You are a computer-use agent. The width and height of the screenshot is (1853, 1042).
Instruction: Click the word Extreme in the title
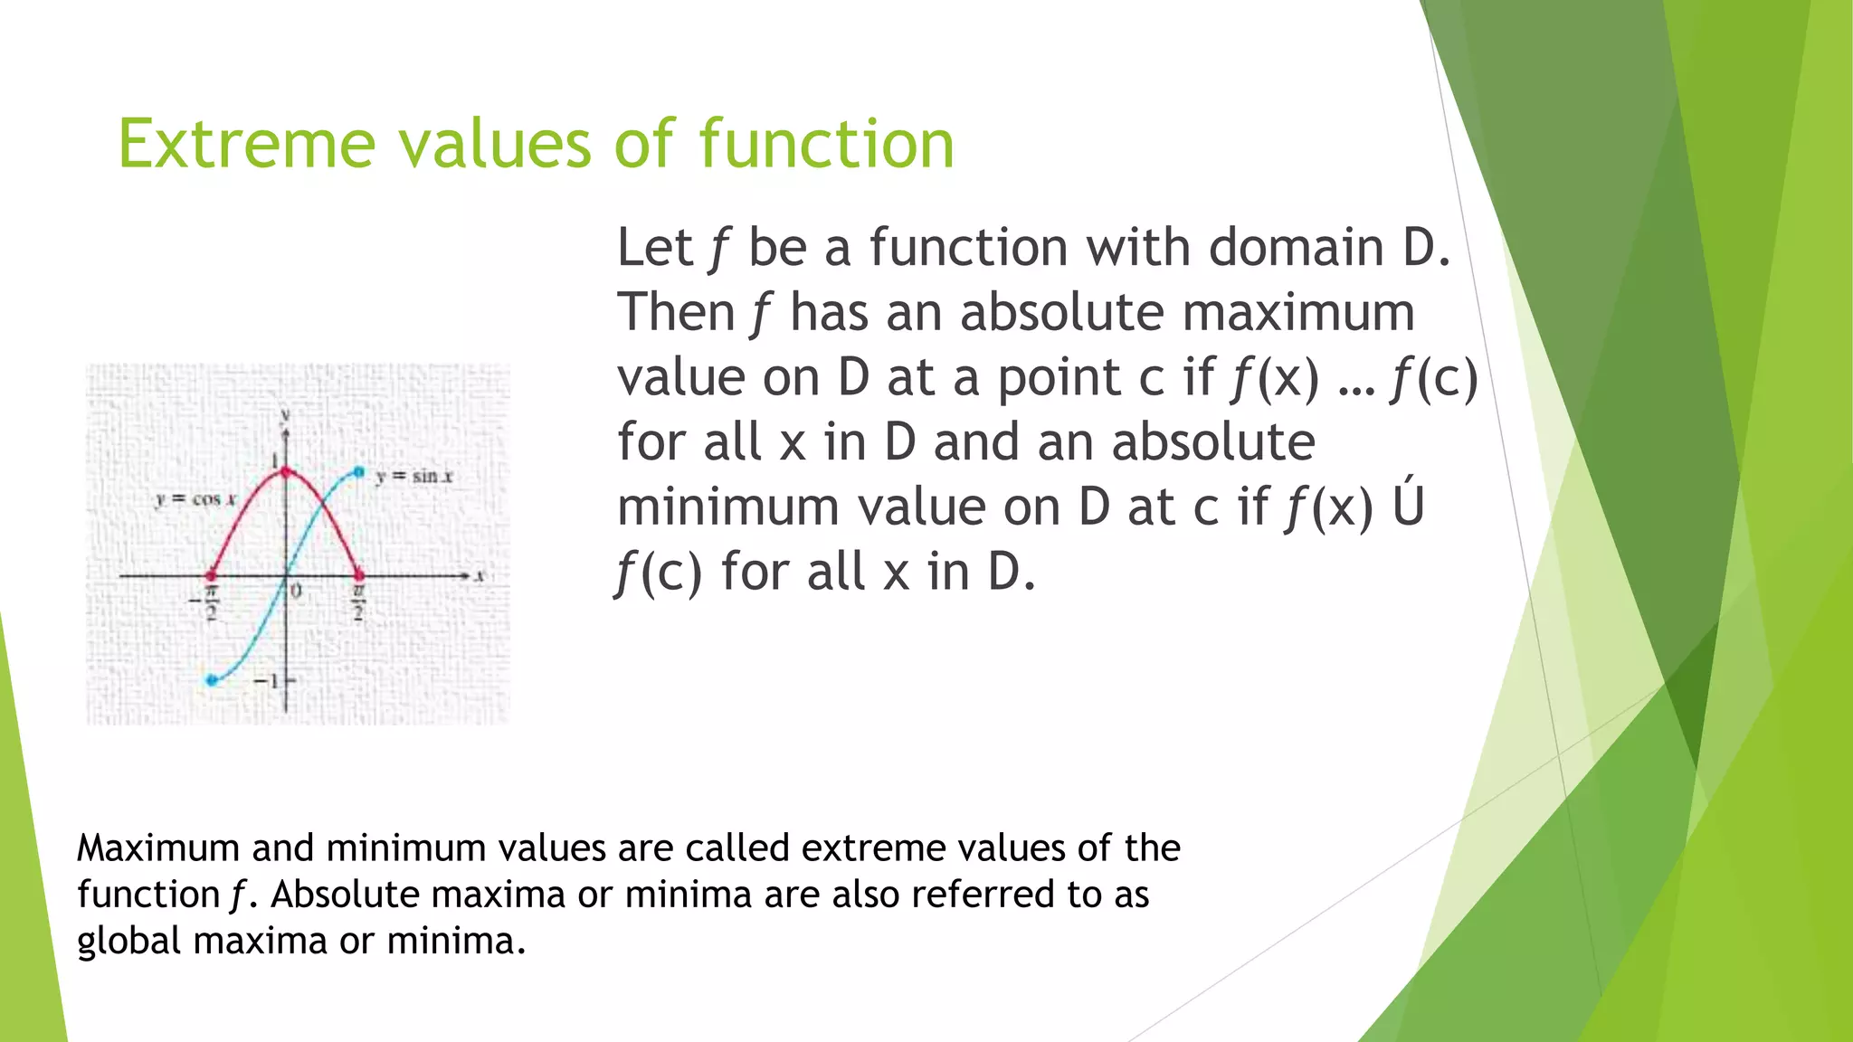click(246, 145)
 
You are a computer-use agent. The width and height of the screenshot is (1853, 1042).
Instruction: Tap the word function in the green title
click(826, 145)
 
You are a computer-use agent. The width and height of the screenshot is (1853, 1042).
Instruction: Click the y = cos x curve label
click(195, 499)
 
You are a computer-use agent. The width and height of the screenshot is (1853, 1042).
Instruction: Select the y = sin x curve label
click(413, 476)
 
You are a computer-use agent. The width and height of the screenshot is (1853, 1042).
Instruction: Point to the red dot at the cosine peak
click(287, 471)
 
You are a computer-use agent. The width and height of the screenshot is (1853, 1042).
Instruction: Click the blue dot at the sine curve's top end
click(359, 472)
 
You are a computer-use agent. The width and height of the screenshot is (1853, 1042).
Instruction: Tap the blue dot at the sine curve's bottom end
click(212, 680)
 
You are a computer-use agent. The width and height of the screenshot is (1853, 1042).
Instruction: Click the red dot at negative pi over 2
click(212, 575)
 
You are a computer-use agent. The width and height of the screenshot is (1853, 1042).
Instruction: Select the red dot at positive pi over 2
click(359, 575)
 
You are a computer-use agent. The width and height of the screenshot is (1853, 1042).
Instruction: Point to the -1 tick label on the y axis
click(266, 680)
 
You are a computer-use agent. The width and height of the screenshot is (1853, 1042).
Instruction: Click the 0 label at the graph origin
click(296, 592)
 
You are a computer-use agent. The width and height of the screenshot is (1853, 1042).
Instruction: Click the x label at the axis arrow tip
click(480, 575)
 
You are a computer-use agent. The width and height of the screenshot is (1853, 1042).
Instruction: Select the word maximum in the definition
click(1298, 313)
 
